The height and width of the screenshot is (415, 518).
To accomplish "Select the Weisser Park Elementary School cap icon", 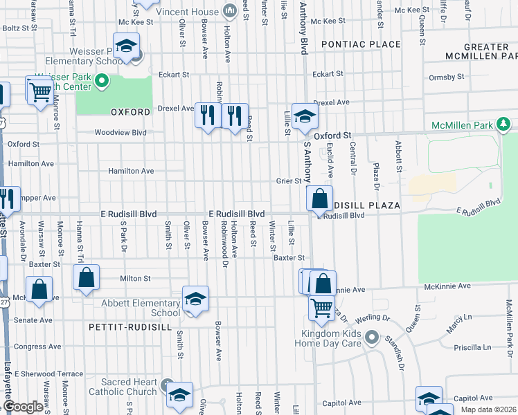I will pos(126,48).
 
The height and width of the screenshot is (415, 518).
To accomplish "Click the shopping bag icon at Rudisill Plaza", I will pos(319,199).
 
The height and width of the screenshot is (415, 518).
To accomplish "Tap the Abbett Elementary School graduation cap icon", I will pos(195,299).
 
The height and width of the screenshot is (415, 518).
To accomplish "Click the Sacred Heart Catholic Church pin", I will pos(166,385).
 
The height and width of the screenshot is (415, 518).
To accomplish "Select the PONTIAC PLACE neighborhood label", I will pos(361,44).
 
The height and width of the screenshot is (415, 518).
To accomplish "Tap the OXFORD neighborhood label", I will pos(130,111).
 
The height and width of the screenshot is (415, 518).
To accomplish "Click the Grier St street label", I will pos(289,181).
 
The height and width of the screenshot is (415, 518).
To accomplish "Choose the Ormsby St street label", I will pos(445,77).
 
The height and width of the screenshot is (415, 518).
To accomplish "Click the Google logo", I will pos(24,407).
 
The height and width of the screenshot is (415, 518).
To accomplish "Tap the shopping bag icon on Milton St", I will pos(87,278).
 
